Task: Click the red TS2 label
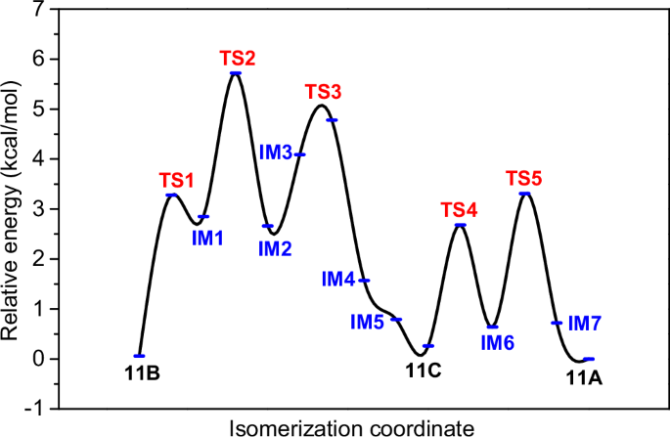[x=237, y=57]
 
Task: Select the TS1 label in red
[x=177, y=180]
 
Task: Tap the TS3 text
[x=323, y=91]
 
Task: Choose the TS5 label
[x=524, y=177]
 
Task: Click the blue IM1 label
[x=206, y=236]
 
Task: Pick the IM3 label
[x=276, y=153]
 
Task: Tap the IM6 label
[x=498, y=342]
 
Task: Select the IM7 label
[x=585, y=322]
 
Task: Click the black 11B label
[x=142, y=374]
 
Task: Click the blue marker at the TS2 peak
[x=236, y=73]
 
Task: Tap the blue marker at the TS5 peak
[x=525, y=194]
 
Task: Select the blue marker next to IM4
[x=364, y=281]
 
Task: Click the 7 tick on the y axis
[x=37, y=9]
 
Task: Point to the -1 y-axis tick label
[x=34, y=409]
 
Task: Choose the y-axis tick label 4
[x=37, y=158]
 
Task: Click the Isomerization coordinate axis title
[x=353, y=426]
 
